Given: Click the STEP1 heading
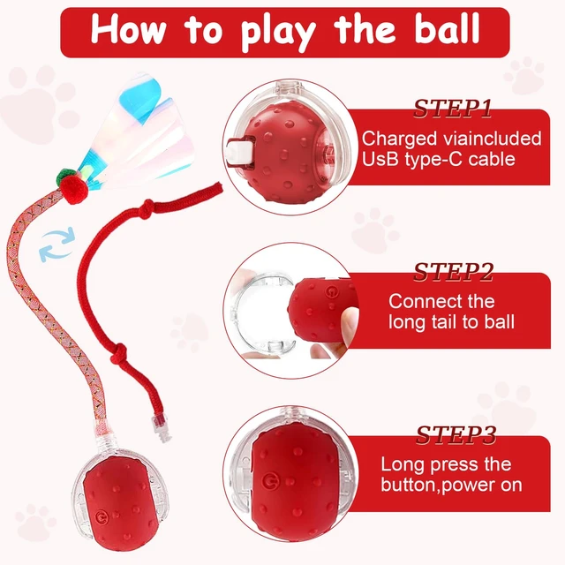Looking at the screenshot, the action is pos(453,108).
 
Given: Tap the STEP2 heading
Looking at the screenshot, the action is pos(453,272).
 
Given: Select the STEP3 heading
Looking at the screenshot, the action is pos(456,435).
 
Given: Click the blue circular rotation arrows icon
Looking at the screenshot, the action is pos(56,244).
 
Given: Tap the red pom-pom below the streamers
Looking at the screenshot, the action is pos(74,191).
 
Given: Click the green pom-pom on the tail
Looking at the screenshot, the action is pos(66,176).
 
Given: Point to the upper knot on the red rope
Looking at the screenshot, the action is pos(146,209).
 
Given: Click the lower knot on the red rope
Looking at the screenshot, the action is pos(118,353).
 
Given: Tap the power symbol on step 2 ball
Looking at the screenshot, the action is pos(331,292).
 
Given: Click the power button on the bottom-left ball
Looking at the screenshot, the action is pos(102,519).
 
